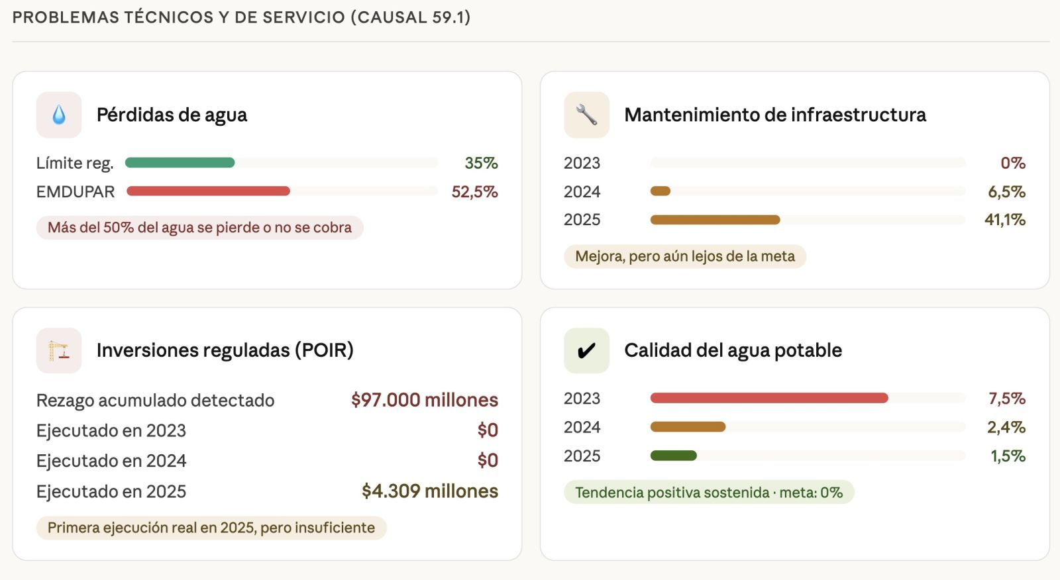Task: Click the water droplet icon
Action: (59, 115)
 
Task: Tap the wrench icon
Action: (586, 115)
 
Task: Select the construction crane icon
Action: (59, 351)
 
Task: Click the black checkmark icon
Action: (586, 351)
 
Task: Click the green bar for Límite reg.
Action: (180, 163)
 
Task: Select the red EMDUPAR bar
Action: (208, 191)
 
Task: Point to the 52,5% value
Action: (474, 192)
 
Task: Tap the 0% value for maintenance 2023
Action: (1013, 163)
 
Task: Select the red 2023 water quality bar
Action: (768, 398)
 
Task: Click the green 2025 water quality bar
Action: (673, 456)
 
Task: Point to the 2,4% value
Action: (1006, 427)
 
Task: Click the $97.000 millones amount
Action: (424, 400)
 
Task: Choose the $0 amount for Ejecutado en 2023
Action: (488, 430)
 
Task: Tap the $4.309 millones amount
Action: (429, 491)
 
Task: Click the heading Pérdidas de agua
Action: (172, 115)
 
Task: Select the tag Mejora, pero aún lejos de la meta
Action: (685, 256)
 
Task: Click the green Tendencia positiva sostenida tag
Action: (708, 493)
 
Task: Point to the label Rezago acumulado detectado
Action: (155, 401)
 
